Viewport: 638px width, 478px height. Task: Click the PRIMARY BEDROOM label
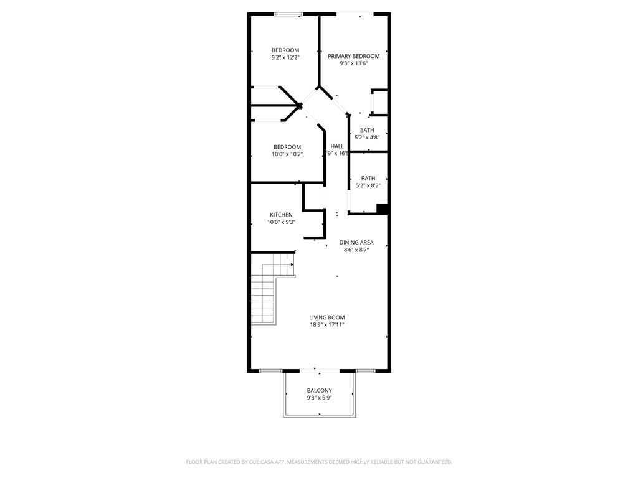coord(353,56)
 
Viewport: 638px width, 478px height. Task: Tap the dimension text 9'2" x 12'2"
coord(285,57)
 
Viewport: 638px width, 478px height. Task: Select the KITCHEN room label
coord(281,215)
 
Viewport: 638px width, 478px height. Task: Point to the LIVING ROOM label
coord(327,317)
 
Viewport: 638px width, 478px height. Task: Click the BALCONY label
coord(319,391)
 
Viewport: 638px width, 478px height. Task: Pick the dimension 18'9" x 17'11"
coord(327,325)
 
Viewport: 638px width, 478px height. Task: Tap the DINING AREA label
coord(356,243)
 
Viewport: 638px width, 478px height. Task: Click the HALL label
coord(337,146)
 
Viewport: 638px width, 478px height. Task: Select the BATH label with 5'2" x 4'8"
coord(367,130)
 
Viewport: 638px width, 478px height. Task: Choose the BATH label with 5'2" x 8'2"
coord(368,179)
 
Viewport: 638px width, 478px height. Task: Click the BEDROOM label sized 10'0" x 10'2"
coord(287,147)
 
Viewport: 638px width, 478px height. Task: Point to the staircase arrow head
coord(292,264)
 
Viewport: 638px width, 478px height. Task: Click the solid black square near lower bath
coord(383,209)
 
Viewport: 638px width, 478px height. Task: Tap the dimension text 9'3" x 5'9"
coord(319,398)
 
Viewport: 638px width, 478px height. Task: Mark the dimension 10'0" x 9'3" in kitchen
coord(281,222)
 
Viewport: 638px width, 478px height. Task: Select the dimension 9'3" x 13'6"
coord(353,63)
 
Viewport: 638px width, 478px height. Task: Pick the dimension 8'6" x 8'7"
coord(356,250)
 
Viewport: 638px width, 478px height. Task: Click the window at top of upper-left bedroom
coord(289,14)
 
